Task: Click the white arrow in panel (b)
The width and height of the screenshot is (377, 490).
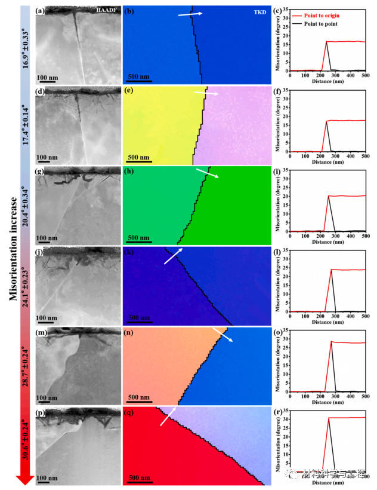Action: [190, 14]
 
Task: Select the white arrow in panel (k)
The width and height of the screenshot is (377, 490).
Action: [172, 256]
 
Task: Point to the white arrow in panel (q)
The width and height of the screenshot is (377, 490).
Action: [169, 416]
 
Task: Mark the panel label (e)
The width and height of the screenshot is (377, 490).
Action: [129, 91]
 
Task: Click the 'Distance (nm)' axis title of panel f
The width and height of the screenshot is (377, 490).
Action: [326, 162]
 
